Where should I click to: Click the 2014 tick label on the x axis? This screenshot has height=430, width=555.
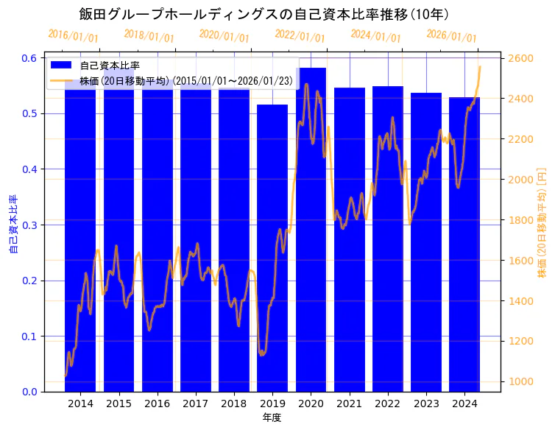(x=80, y=403)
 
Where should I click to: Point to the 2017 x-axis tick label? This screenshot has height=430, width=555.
(x=196, y=403)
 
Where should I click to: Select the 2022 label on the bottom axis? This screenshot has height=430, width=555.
(x=388, y=403)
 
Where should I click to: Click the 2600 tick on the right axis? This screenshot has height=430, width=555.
(x=520, y=58)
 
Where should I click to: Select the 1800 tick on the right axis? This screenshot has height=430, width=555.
(x=520, y=220)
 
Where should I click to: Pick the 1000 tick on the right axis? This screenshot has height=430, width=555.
(x=520, y=381)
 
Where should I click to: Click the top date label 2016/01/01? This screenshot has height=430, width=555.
(x=73, y=36)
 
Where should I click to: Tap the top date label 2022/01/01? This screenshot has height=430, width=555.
(x=300, y=36)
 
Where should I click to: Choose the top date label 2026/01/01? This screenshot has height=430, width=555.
(x=451, y=36)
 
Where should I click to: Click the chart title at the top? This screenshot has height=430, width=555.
(x=264, y=14)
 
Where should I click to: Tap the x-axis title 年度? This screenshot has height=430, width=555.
(x=272, y=417)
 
